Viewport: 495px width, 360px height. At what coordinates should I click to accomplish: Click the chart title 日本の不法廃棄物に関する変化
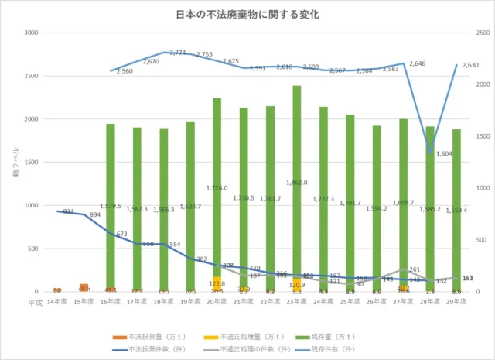(248, 14)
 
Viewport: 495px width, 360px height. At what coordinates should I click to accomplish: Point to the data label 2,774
(177, 53)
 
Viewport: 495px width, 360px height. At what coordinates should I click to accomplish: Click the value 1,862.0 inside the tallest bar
(296, 183)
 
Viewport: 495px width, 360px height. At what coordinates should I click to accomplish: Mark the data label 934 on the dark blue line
(68, 211)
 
